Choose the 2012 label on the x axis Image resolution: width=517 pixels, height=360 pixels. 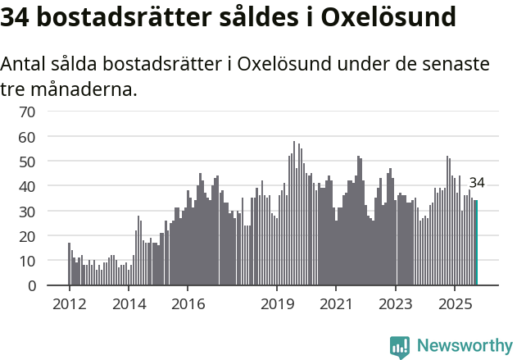pyautogui.click(x=69, y=304)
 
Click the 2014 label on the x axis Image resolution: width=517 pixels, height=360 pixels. pyautogui.click(x=129, y=304)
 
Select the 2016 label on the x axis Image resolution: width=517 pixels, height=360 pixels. pyautogui.click(x=188, y=304)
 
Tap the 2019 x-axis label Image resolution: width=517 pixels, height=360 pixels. pyautogui.click(x=277, y=304)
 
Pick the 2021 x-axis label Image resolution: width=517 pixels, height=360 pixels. pyautogui.click(x=336, y=304)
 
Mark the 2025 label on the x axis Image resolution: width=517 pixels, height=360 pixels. pyautogui.click(x=455, y=304)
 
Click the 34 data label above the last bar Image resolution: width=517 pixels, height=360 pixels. pyautogui.click(x=477, y=183)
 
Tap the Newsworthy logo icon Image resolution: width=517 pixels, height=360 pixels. pyautogui.click(x=400, y=347)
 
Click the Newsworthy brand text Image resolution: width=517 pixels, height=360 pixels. pyautogui.click(x=465, y=346)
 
